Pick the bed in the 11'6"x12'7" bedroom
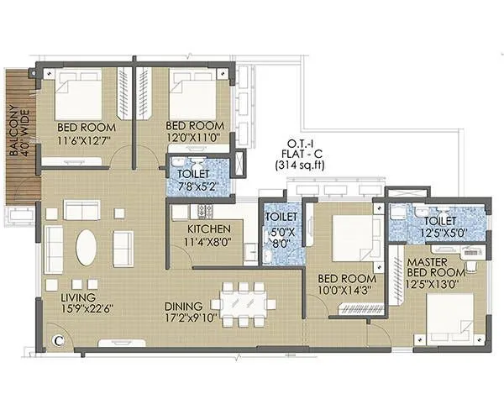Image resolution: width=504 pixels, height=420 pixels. [x=79, y=95]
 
